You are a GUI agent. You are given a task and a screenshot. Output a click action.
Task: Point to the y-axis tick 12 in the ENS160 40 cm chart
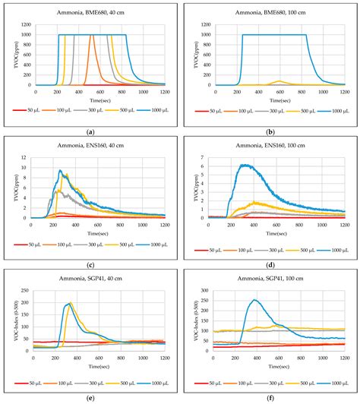(x=29, y=155)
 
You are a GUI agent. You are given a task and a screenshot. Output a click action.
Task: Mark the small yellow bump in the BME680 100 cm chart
(x=279, y=80)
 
